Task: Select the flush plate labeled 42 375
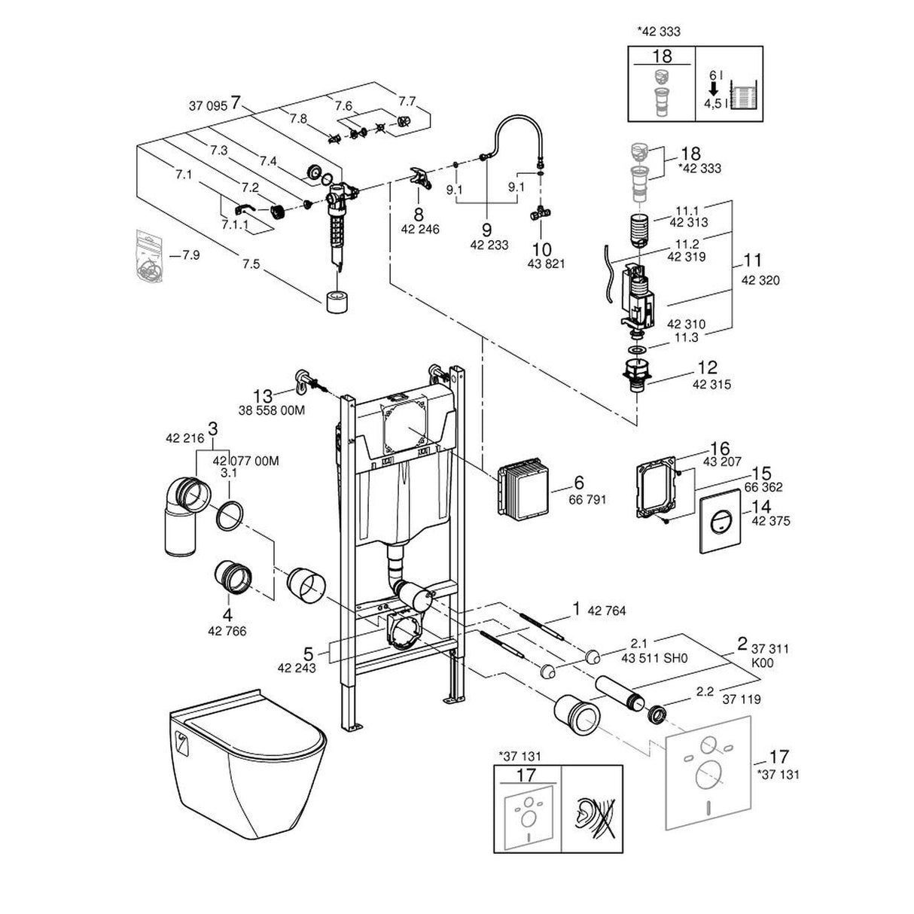[722, 524]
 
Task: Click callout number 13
[262, 395]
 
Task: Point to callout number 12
[708, 368]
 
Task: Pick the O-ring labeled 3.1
[230, 513]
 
